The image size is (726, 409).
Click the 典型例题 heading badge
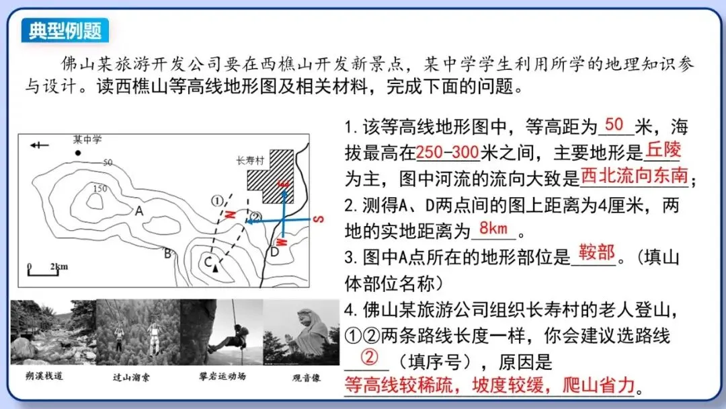pyautogui.click(x=65, y=30)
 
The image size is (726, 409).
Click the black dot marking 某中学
pyautogui.click(x=78, y=153)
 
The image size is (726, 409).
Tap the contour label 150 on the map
pyautogui.click(x=100, y=189)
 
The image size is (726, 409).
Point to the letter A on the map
pyautogui.click(x=140, y=211)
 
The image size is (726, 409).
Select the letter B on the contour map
pyautogui.click(x=167, y=254)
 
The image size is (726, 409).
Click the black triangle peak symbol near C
pyautogui.click(x=215, y=268)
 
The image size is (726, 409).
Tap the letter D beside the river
pyautogui.click(x=274, y=252)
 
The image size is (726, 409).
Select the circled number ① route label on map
pyautogui.click(x=216, y=200)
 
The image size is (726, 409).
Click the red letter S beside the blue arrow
pyautogui.click(x=320, y=219)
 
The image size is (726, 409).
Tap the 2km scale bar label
pyautogui.click(x=58, y=266)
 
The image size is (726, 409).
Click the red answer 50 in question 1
pyautogui.click(x=614, y=125)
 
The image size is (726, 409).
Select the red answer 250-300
pyautogui.click(x=447, y=152)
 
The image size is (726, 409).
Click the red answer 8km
pyautogui.click(x=493, y=228)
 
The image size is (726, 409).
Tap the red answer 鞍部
pyautogui.click(x=596, y=253)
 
